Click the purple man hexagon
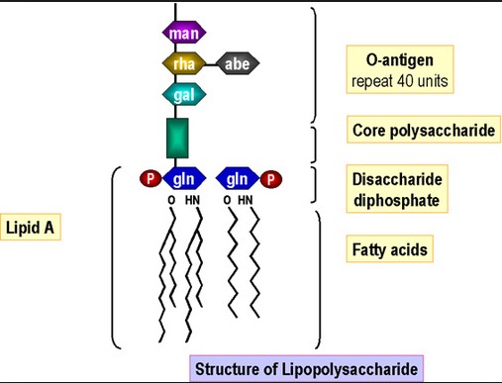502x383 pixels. click(184, 33)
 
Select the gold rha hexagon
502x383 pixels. click(184, 63)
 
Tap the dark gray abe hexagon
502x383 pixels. click(238, 63)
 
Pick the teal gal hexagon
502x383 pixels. click(184, 94)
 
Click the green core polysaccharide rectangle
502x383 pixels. click(177, 138)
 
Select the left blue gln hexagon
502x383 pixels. click(184, 178)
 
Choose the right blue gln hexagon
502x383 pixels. click(238, 178)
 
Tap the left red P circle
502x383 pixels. click(151, 178)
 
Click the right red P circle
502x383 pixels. click(271, 179)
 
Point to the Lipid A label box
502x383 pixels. click(31, 227)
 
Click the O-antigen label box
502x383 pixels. click(400, 69)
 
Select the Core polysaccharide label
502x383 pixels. click(424, 130)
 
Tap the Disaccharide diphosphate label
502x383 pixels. click(397, 189)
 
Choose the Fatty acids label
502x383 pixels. click(389, 249)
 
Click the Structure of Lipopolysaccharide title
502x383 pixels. click(306, 368)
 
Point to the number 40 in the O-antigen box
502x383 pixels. click(405, 81)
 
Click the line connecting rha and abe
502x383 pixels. click(211, 64)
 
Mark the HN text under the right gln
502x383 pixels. click(246, 200)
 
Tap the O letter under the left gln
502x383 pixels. click(171, 200)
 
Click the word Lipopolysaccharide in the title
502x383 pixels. click(350, 369)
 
